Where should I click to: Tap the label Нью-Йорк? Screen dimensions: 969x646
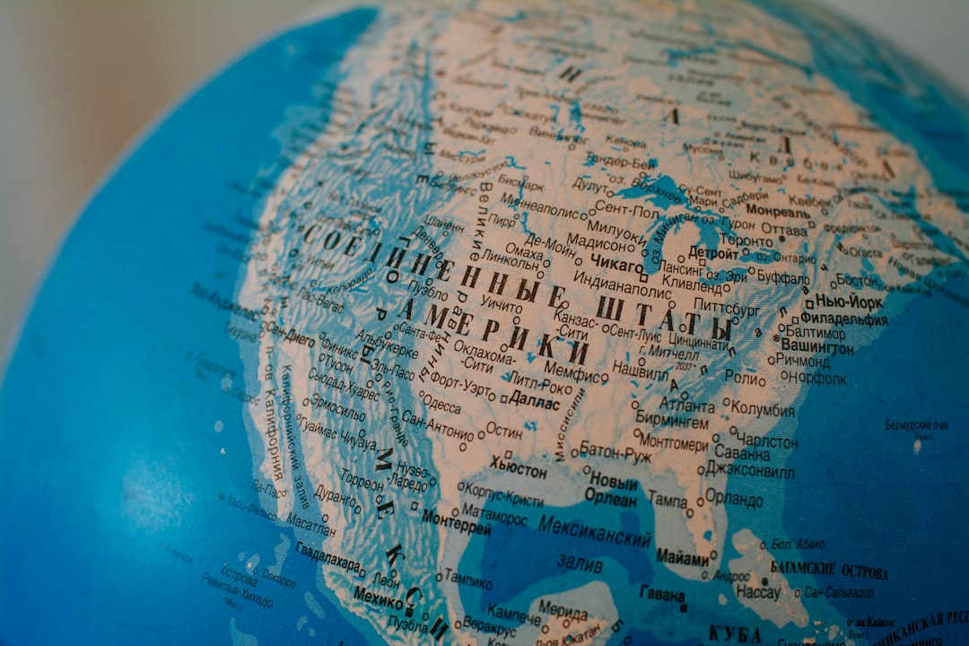point(848,302)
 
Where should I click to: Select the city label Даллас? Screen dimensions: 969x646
point(535,403)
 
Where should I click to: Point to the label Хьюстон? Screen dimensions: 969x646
point(518,467)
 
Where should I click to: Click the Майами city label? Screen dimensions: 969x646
point(682,556)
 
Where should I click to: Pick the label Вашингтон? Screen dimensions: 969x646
point(816,346)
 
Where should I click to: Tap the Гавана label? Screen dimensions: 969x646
point(662,593)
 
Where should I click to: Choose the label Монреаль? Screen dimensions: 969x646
point(777,211)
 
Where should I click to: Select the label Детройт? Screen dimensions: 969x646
point(713,254)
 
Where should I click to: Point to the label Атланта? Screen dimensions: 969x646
point(687,405)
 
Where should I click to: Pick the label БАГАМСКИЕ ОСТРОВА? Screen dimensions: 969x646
point(829,571)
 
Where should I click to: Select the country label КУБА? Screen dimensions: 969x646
point(734,633)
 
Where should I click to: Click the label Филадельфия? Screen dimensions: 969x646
point(843,319)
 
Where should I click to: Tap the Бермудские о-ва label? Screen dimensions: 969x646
point(916,424)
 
